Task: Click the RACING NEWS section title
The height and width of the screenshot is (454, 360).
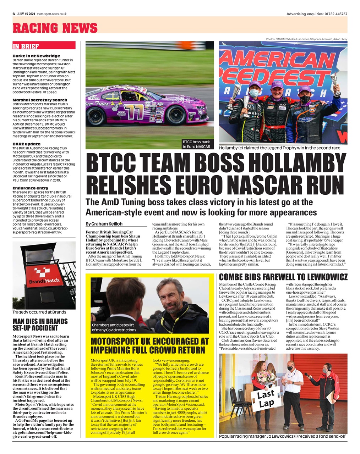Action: pos(55,28)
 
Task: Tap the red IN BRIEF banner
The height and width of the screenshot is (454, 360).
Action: pos(44,46)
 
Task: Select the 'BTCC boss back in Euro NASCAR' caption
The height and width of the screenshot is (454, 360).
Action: pos(196,144)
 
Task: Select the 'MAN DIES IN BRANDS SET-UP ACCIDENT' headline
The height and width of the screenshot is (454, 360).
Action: pos(40,325)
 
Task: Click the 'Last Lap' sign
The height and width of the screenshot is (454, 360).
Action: pos(266,398)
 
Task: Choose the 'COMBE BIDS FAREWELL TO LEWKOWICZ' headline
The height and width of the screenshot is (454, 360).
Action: pos(283,277)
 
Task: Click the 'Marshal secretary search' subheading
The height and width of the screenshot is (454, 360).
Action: pos(40,100)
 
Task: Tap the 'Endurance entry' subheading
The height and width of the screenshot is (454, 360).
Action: pos(30,188)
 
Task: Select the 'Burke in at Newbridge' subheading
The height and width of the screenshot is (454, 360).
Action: pos(36,56)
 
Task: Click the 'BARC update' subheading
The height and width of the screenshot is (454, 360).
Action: pos(26,144)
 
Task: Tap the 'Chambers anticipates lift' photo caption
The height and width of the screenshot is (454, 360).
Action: pos(114,327)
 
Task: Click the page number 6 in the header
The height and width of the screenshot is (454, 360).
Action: pos(13,14)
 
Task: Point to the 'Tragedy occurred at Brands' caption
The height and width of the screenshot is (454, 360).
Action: pos(39,312)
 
